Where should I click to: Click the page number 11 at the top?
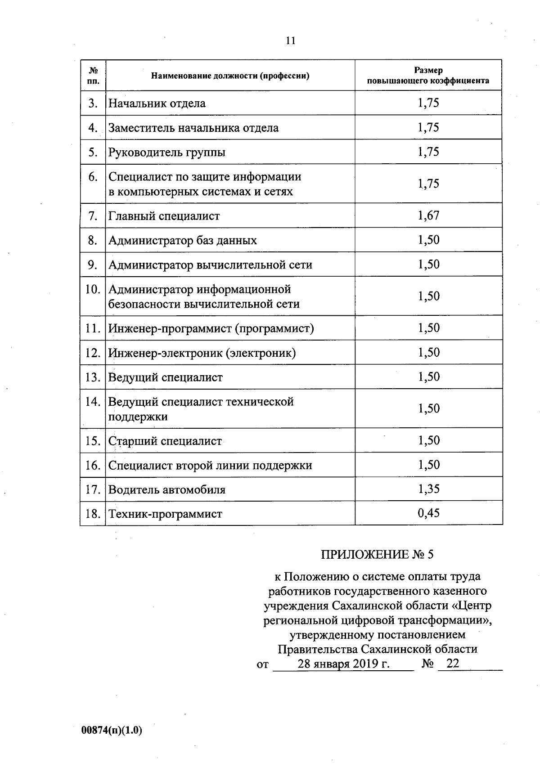[290, 41]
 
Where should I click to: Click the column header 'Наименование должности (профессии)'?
[230, 76]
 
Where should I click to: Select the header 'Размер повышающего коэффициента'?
[428, 76]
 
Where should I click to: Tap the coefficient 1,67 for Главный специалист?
[428, 215]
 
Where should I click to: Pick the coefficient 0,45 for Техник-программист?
[428, 513]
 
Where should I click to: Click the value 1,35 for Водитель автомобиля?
[428, 489]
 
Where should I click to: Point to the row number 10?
[93, 289]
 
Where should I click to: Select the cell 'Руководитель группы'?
[166, 152]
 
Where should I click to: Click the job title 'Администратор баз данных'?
[182, 240]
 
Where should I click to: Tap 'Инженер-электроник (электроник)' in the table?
[202, 353]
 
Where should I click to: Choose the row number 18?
[93, 513]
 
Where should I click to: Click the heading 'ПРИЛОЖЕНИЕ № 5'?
[377, 554]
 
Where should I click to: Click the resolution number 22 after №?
[452, 664]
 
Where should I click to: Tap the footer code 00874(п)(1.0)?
[112, 731]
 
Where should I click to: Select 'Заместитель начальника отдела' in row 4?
[193, 128]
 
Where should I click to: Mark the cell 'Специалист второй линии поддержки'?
[210, 465]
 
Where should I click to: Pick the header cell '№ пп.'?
[93, 76]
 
